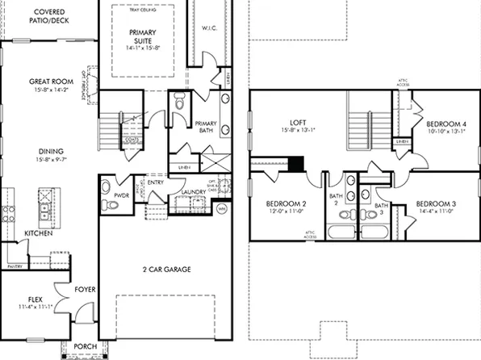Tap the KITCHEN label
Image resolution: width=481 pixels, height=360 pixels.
coord(39,232)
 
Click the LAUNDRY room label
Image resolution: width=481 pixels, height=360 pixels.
coord(194,191)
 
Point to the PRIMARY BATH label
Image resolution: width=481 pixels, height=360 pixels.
coord(204,127)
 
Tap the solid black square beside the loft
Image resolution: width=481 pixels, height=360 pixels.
coord(296,164)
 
